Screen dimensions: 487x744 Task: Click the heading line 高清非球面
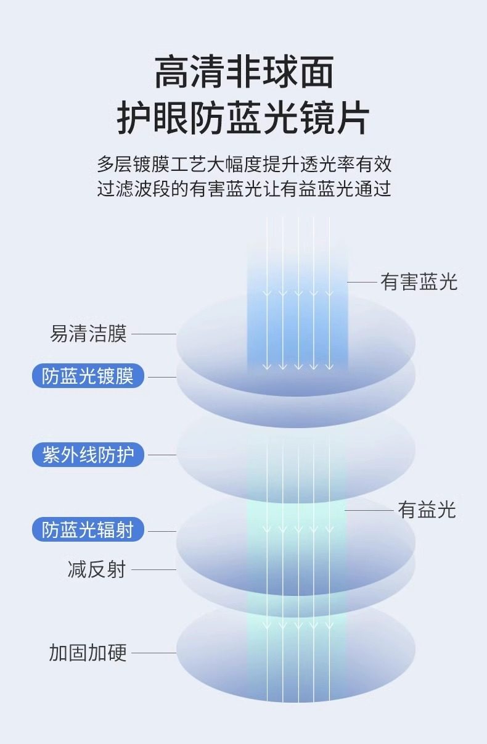click(243, 73)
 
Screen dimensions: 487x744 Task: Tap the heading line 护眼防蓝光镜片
click(243, 118)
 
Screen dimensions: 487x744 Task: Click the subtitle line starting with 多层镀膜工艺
click(243, 165)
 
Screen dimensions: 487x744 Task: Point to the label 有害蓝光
click(419, 282)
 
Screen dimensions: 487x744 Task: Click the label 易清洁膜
click(88, 334)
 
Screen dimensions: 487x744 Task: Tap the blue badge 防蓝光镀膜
click(88, 376)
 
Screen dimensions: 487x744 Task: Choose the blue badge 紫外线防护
click(88, 455)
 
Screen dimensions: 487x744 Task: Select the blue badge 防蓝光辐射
click(88, 530)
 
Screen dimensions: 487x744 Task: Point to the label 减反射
click(96, 569)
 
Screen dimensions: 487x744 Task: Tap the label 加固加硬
click(88, 653)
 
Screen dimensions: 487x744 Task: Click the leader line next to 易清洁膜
click(154, 334)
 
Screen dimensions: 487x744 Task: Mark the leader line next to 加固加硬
click(154, 653)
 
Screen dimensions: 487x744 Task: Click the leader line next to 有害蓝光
click(362, 283)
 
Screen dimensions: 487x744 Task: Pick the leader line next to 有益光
click(369, 511)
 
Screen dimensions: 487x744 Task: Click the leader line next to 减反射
click(154, 570)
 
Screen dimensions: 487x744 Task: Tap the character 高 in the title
click(171, 73)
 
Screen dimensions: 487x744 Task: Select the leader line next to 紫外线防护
click(162, 455)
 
